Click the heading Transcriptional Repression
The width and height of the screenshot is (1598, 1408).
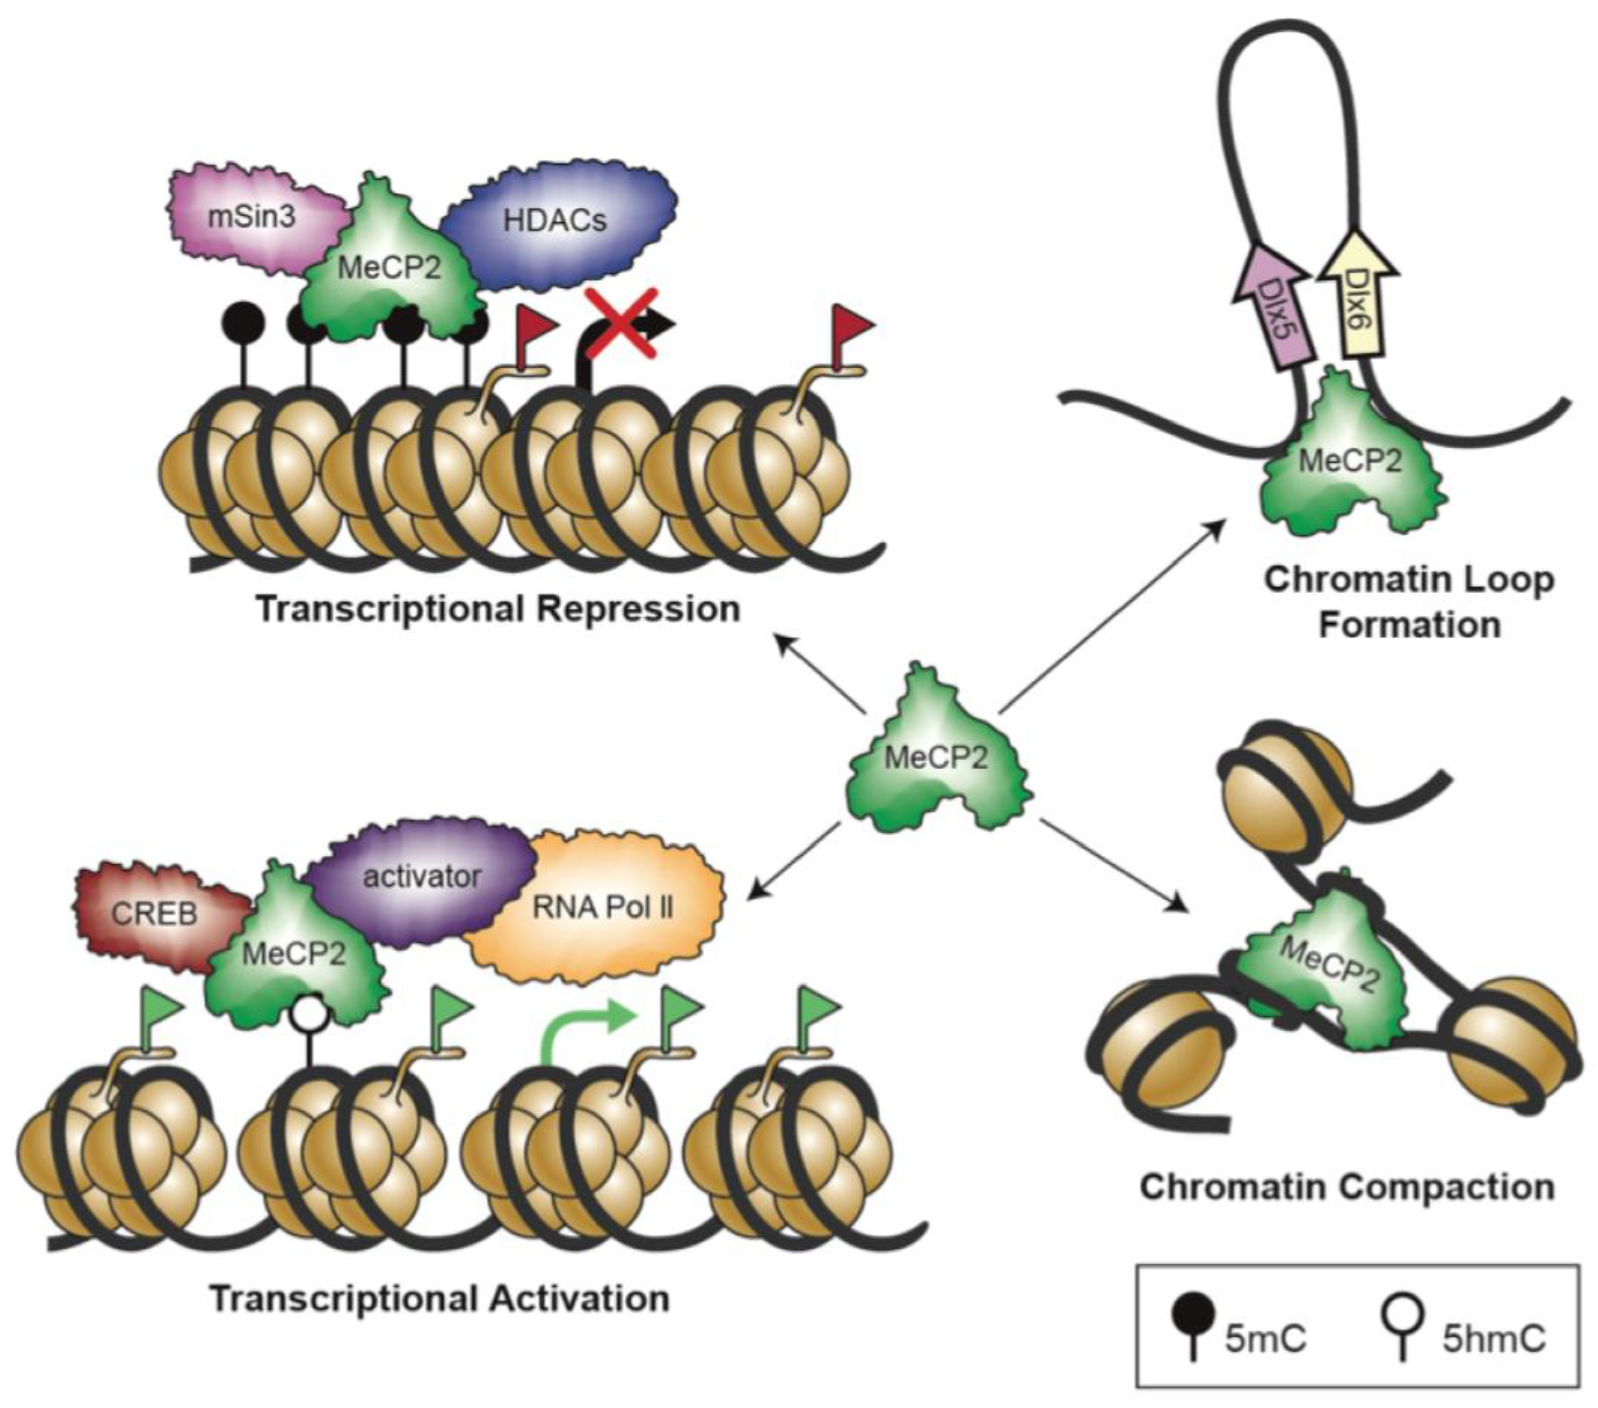(499, 609)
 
